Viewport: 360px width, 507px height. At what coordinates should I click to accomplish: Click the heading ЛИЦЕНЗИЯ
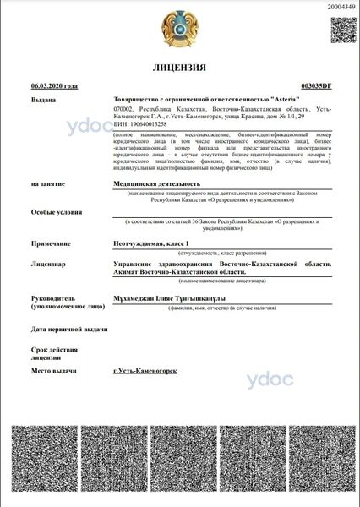pos(179,68)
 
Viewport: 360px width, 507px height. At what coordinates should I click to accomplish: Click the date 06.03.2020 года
pos(54,86)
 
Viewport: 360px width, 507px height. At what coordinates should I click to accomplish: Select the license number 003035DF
pos(316,86)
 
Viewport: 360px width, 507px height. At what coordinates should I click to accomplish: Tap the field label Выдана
pos(44,99)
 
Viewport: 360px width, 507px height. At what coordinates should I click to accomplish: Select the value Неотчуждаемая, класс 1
pos(155,242)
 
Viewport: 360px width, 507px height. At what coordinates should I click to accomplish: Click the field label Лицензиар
pos(49,264)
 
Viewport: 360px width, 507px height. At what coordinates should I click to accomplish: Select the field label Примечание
pos(52,242)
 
